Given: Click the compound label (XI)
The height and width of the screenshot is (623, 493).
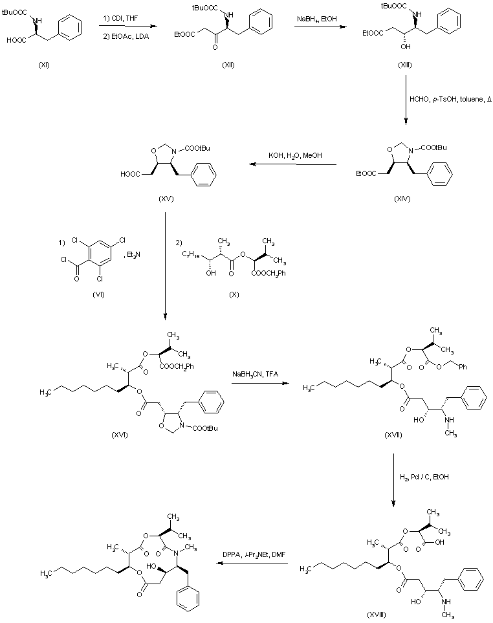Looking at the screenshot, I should click(x=43, y=67).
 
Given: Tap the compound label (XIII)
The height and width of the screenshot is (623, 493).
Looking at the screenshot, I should click(x=406, y=66).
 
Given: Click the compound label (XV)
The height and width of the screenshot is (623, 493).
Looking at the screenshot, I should click(x=166, y=199).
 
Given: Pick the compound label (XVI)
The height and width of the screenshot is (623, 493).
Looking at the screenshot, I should click(x=120, y=434).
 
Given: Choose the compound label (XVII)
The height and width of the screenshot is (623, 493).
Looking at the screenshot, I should click(x=389, y=437).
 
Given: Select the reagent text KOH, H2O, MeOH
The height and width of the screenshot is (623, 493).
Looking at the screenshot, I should click(x=296, y=155).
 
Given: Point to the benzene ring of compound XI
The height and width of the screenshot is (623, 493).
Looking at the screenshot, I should click(x=69, y=28).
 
